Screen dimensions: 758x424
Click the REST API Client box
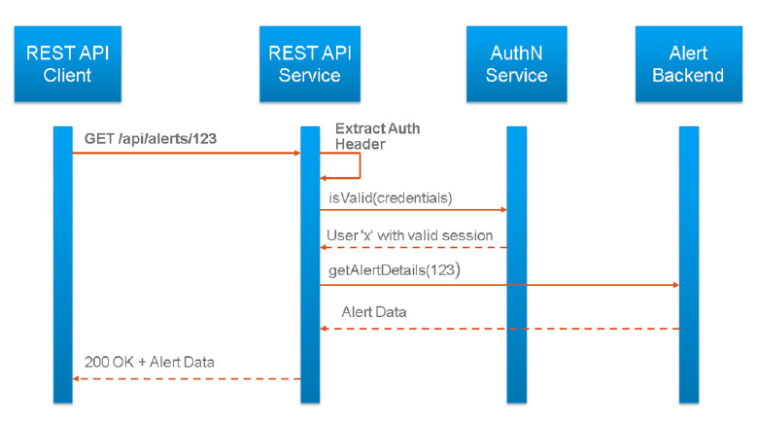coord(68,64)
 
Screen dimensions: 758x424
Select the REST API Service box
coord(310,64)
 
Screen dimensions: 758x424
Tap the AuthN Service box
coord(517,64)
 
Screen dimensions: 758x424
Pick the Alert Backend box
coord(689,64)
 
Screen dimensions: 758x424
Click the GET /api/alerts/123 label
coord(151,139)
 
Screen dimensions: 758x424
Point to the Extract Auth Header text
coord(378,136)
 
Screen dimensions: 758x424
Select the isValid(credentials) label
coord(391,198)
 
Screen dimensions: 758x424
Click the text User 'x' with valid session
coord(410,235)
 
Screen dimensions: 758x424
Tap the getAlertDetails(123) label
coord(395,270)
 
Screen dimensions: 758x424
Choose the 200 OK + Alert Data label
coord(150,362)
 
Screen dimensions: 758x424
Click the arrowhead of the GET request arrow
coord(297,153)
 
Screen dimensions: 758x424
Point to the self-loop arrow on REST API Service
coord(361,165)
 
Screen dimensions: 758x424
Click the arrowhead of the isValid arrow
coord(503,210)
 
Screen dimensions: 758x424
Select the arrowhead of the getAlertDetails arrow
coord(675,285)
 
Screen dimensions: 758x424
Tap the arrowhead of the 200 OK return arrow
coord(76,378)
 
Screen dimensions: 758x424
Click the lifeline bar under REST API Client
coord(63,265)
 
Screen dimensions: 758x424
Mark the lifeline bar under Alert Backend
coord(689,265)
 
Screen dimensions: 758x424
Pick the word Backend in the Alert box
coord(688,76)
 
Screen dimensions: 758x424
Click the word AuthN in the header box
coord(516,53)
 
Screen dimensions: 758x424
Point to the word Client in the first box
coord(67,76)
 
